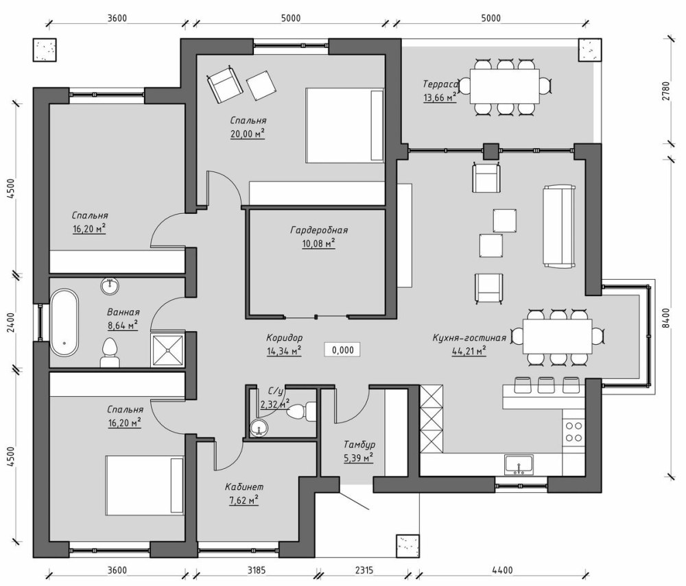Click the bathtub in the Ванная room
click(64, 322)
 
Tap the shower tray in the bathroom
click(167, 350)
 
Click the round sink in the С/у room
click(259, 428)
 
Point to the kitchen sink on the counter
click(519, 465)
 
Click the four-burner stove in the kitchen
click(573, 431)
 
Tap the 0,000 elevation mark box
click(342, 350)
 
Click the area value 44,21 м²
click(469, 351)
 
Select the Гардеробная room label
click(319, 230)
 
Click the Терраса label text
click(440, 84)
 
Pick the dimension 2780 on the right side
click(665, 91)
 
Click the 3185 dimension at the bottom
click(257, 570)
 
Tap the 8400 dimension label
click(665, 318)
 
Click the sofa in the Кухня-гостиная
click(559, 226)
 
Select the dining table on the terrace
click(504, 86)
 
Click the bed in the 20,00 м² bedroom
click(345, 125)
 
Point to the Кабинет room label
click(244, 487)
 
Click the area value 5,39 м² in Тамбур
click(358, 459)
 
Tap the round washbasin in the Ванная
click(110, 286)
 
